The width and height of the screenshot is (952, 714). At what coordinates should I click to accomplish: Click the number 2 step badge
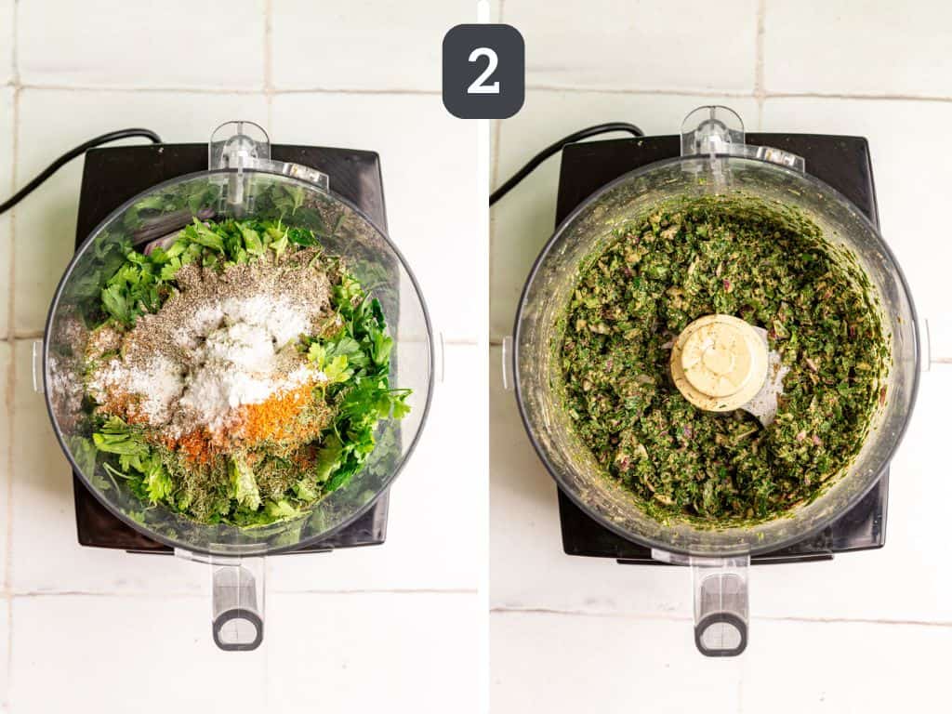483,71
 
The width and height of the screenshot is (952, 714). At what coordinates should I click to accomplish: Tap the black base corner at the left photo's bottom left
82,542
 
